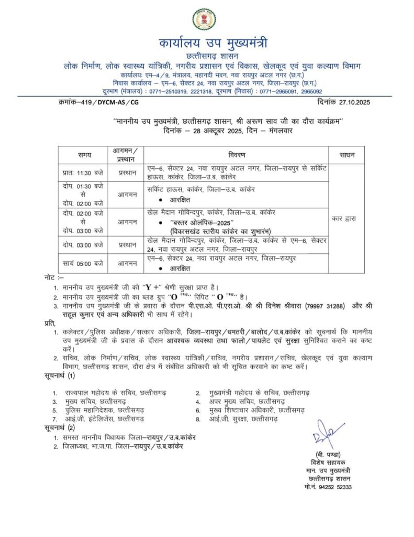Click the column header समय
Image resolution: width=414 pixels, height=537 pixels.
coord(84,155)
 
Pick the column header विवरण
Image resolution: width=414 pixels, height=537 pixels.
coord(237,155)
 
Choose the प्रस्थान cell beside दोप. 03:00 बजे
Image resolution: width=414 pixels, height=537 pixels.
coord(127,245)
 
